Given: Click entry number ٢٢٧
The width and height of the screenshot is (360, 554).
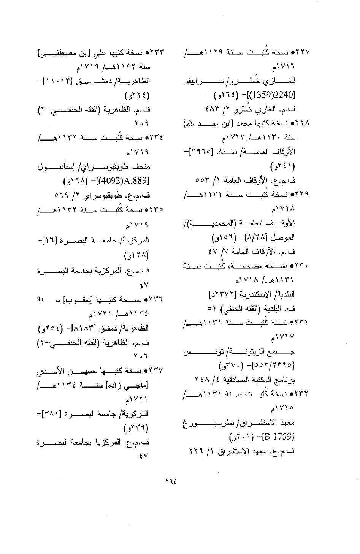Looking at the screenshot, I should point(303,51).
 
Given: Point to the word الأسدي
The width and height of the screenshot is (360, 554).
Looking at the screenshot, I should point(51,369).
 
